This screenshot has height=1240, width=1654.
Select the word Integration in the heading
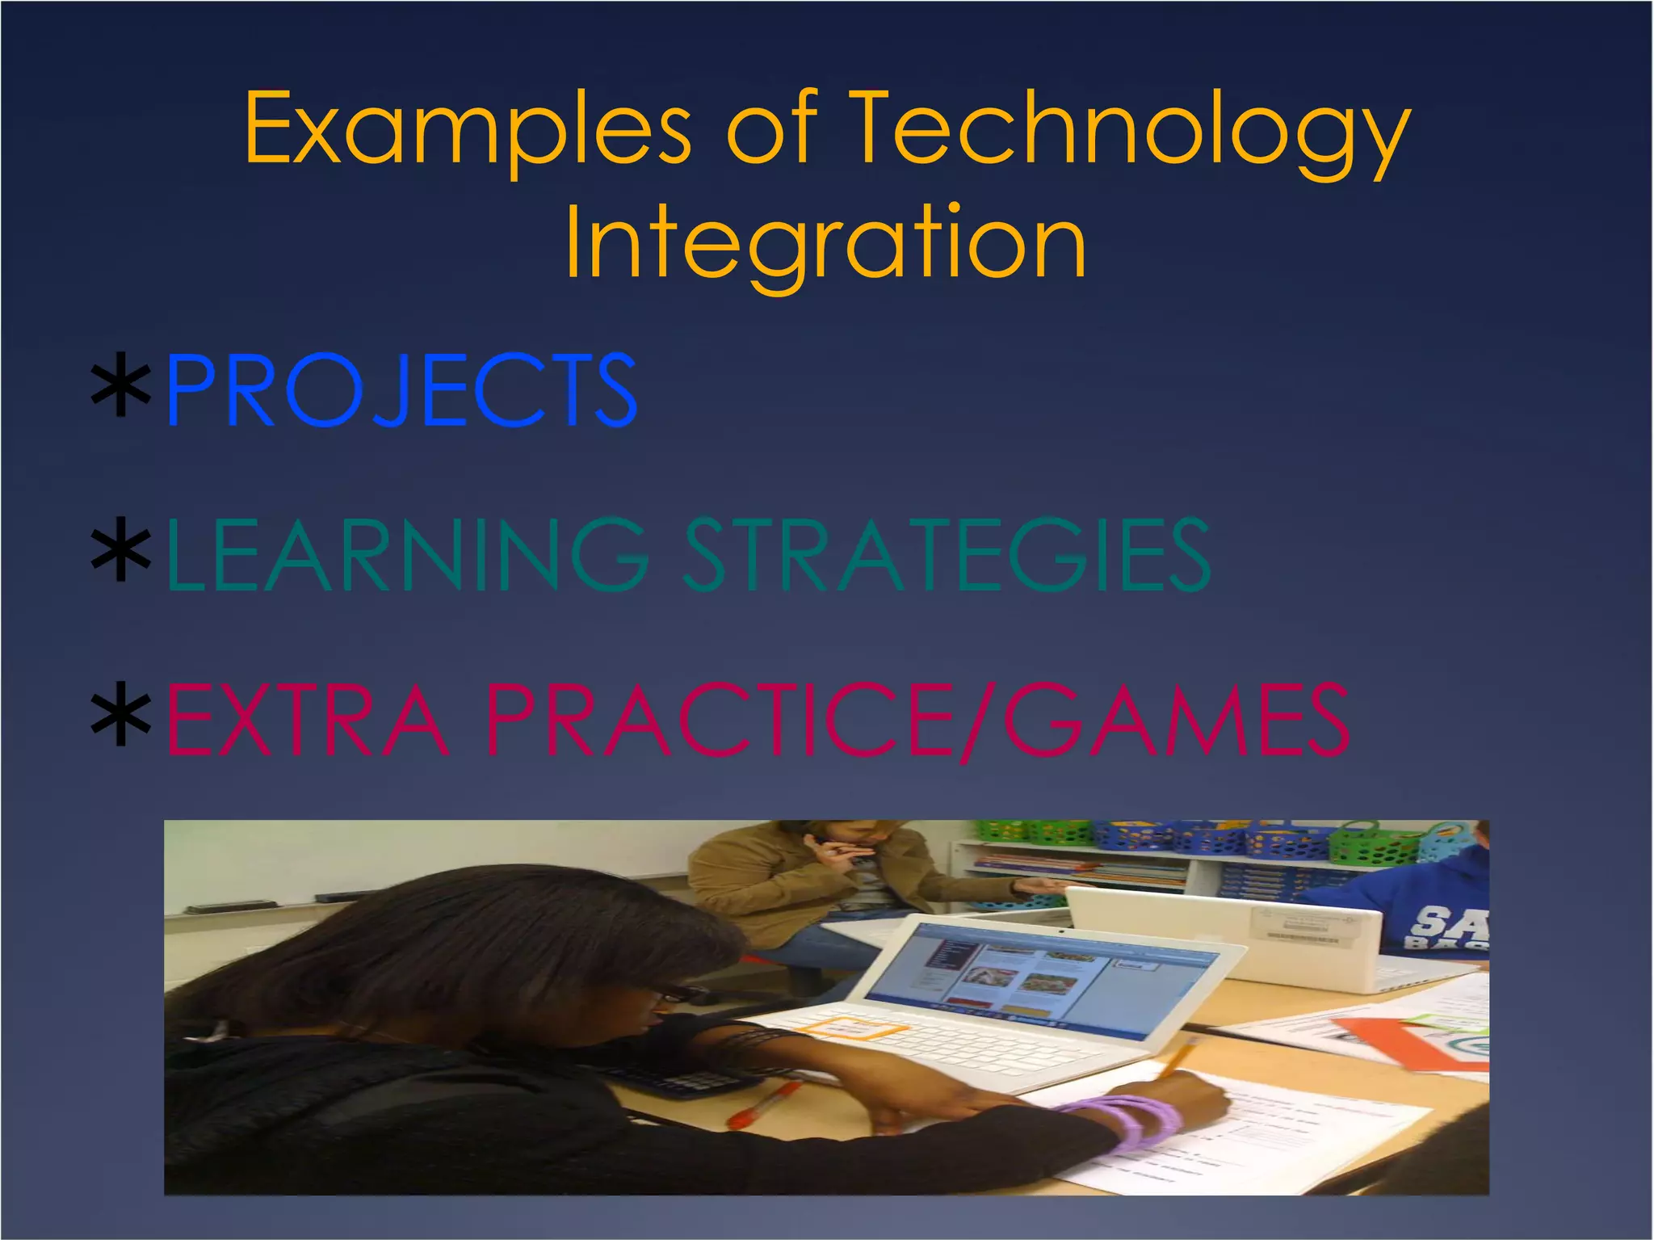(825, 242)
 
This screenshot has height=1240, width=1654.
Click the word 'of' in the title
(772, 129)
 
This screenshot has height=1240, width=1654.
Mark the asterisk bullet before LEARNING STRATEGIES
(121, 555)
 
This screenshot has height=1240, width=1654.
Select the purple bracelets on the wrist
(1127, 1119)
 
